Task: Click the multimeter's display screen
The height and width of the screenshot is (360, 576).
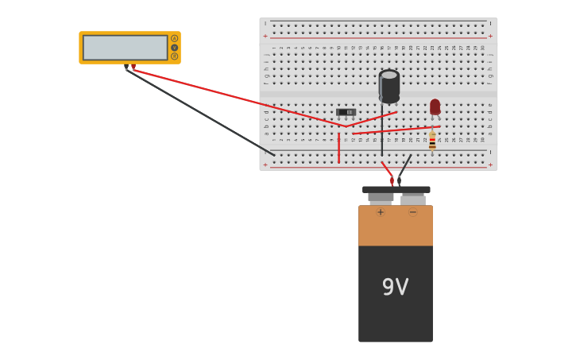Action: tap(125, 48)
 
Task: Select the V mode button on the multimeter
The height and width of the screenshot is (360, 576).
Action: tap(175, 48)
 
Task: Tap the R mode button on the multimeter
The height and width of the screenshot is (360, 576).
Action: tap(175, 56)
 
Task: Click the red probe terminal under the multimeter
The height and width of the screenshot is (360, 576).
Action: tap(133, 68)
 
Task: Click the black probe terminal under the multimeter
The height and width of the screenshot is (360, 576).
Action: tap(126, 68)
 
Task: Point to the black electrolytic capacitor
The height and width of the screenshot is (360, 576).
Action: tap(389, 86)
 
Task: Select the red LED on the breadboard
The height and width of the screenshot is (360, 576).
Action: tap(435, 106)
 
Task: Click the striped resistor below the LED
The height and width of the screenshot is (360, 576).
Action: tap(432, 141)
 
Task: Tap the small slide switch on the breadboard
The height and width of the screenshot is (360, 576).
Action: tap(346, 112)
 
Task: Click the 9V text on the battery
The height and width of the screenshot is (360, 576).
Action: tap(395, 287)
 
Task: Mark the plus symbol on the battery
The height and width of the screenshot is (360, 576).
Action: tap(381, 212)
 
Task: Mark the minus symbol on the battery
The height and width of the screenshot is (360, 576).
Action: tap(412, 212)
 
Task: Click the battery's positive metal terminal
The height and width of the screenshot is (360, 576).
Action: tap(381, 198)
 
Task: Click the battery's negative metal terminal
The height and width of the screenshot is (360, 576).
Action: tap(412, 199)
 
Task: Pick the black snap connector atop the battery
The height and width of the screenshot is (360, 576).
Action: tap(396, 190)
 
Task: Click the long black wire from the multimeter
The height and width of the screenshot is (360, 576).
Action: tap(199, 111)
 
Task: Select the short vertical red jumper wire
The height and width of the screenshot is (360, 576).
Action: tap(338, 149)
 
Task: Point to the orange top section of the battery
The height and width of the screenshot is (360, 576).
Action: tap(395, 226)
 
